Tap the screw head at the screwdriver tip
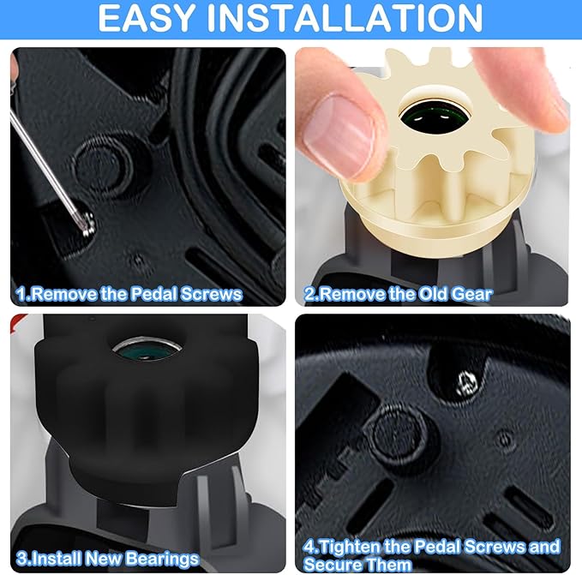[87, 224]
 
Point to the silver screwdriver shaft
[45, 163]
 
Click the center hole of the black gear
[147, 350]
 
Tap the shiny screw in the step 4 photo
[466, 382]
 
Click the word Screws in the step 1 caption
[212, 294]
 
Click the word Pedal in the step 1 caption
[153, 294]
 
